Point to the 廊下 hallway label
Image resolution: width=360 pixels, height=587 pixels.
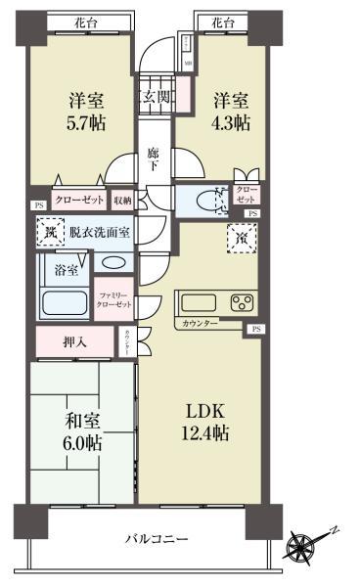pos(154,159)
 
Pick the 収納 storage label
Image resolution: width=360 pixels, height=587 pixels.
pos(122,201)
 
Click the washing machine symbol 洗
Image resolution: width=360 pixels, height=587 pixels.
pos(48,234)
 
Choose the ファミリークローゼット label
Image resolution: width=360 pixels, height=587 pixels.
pos(114,299)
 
